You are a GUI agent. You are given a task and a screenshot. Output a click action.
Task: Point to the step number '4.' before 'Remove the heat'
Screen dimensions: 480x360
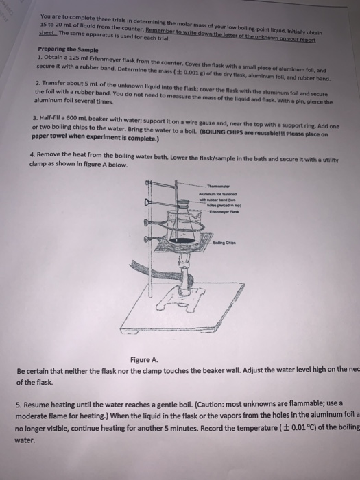pyautogui.click(x=33, y=155)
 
